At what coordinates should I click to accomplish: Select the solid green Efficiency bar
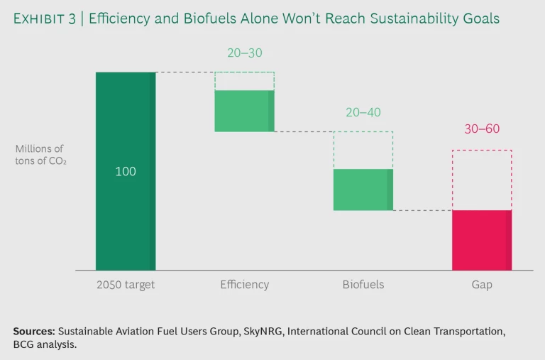click(244, 111)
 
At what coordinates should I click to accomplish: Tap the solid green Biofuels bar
click(363, 190)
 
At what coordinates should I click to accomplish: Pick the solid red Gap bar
click(481, 240)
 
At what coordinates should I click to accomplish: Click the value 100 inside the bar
click(126, 172)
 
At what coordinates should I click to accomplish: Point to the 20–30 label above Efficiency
click(244, 53)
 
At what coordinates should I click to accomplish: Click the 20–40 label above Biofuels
click(363, 112)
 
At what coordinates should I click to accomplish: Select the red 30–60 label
click(482, 129)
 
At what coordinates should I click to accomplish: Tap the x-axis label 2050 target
click(126, 285)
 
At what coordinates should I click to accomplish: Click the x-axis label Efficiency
click(244, 285)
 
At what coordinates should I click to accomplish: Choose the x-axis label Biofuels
click(363, 285)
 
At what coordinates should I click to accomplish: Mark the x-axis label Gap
click(481, 285)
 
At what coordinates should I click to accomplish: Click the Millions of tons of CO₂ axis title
click(40, 155)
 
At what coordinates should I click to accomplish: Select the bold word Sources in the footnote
click(33, 331)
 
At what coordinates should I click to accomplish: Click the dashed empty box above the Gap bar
click(481, 180)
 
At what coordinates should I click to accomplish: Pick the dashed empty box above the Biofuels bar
click(363, 150)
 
